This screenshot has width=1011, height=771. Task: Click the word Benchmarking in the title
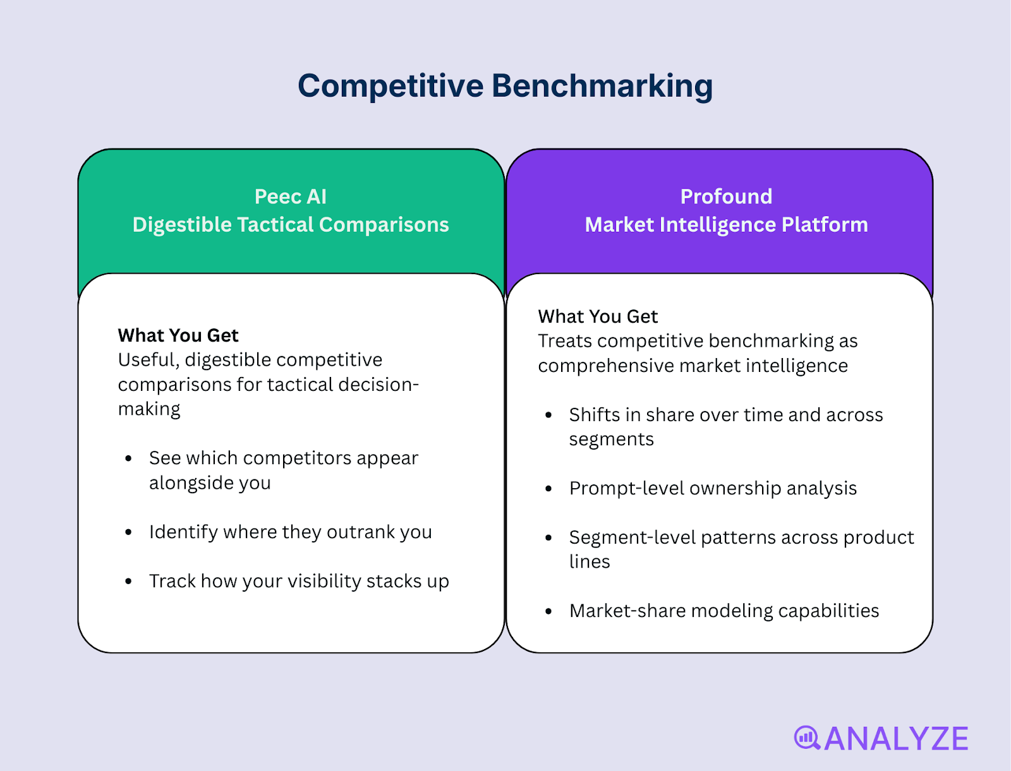tap(602, 86)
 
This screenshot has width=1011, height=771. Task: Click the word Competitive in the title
tap(390, 86)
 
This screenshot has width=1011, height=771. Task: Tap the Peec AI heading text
tap(291, 196)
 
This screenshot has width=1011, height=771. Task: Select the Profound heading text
tap(726, 196)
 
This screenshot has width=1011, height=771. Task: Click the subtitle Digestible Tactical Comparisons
tap(291, 225)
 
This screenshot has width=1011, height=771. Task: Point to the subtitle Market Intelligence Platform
tap(726, 225)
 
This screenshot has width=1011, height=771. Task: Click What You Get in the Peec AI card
tap(178, 335)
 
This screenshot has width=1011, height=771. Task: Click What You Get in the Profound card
tap(598, 316)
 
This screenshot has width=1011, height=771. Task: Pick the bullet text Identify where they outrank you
tap(291, 532)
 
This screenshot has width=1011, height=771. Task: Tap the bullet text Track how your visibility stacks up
tap(299, 581)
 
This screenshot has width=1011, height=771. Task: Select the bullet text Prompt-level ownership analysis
tap(713, 488)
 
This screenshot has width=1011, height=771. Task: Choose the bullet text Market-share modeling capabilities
tap(724, 611)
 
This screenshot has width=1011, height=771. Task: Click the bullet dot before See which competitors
tap(129, 458)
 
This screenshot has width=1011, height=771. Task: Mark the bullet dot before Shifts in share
tap(548, 415)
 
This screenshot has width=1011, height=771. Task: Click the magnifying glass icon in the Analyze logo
tap(807, 738)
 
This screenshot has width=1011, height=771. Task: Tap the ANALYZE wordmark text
tap(896, 739)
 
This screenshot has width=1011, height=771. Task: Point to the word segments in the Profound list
tap(611, 439)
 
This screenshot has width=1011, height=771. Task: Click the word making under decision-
tap(149, 410)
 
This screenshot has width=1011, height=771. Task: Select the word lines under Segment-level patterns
tap(590, 562)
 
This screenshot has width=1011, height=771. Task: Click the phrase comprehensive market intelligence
tap(693, 366)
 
